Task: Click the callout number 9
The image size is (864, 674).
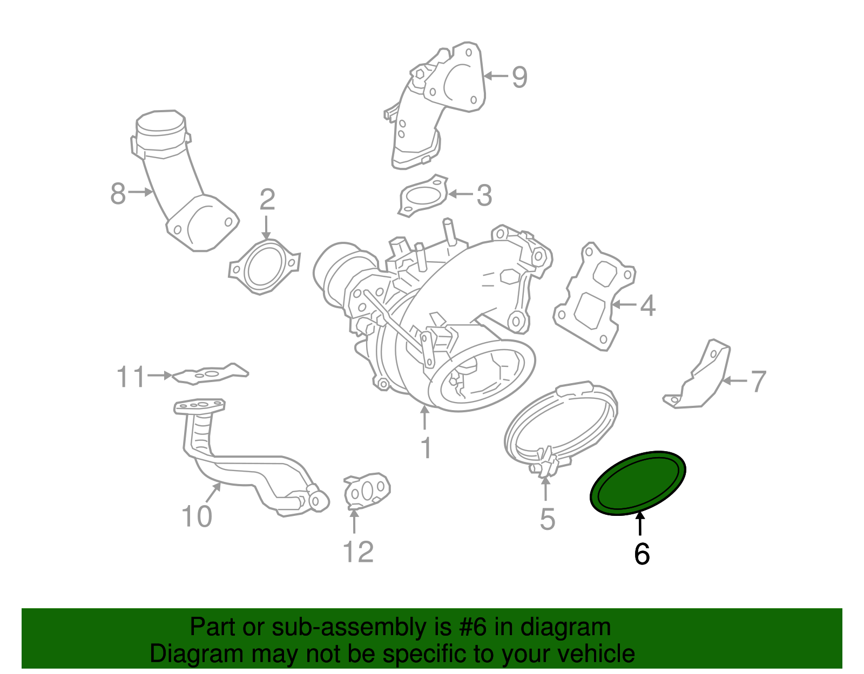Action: (519, 77)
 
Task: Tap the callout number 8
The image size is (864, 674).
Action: (118, 193)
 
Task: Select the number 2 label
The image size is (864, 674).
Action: (267, 200)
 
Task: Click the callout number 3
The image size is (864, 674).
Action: (484, 195)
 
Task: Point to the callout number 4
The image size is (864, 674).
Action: (647, 305)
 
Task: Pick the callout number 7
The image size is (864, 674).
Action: (758, 382)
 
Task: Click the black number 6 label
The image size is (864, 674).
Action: (642, 554)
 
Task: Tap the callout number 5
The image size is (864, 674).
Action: (547, 519)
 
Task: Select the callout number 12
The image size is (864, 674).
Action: (358, 552)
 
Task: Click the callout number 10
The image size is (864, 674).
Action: (197, 516)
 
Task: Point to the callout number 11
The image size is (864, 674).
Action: (131, 377)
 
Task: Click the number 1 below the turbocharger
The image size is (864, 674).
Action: (426, 448)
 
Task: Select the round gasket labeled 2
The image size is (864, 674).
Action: (264, 268)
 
